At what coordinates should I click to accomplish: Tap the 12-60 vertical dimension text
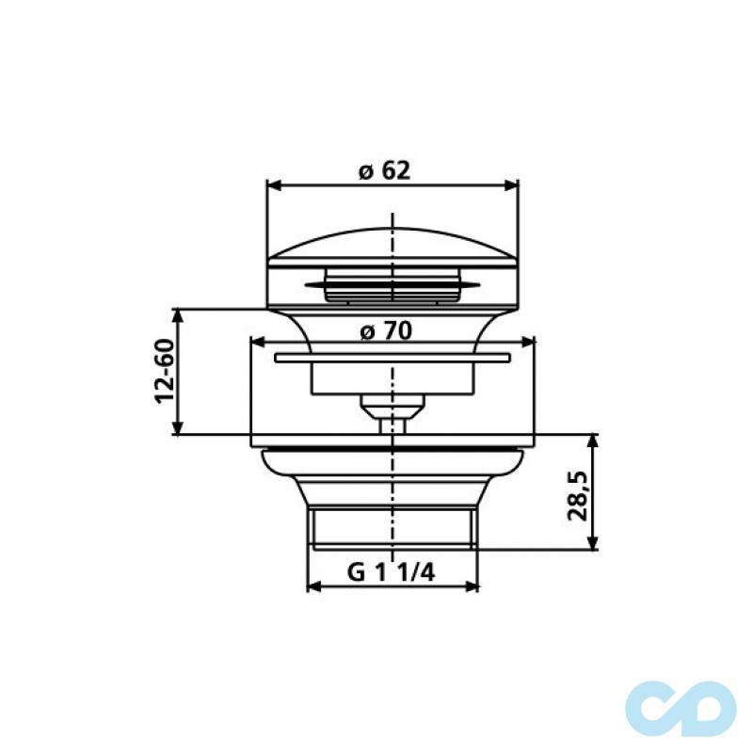(x=163, y=371)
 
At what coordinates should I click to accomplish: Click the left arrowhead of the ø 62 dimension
(x=272, y=184)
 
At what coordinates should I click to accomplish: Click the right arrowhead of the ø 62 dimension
(x=514, y=184)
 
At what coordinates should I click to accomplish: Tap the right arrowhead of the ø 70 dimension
(x=529, y=344)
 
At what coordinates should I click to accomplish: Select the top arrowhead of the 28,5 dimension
(x=593, y=441)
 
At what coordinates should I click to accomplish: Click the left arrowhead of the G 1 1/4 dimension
(x=313, y=587)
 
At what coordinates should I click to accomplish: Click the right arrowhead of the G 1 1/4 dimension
(x=473, y=587)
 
